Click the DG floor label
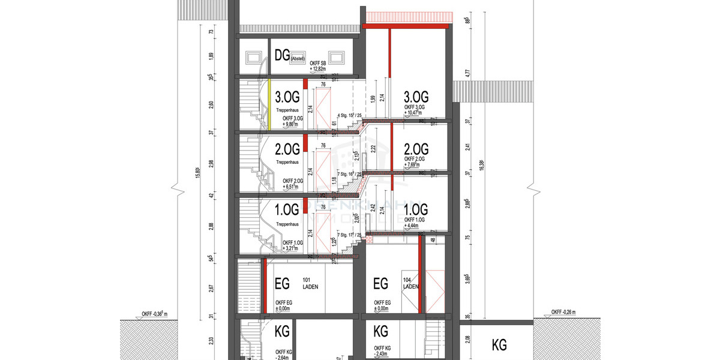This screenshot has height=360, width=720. coord(282,56)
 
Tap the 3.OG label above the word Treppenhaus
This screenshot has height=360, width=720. coord(286,97)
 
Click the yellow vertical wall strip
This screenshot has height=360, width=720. coord(269,105)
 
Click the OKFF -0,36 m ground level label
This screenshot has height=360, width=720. coord(154,313)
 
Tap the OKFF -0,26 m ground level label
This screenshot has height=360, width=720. coord(565,313)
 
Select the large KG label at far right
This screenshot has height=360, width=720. coord(499,345)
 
